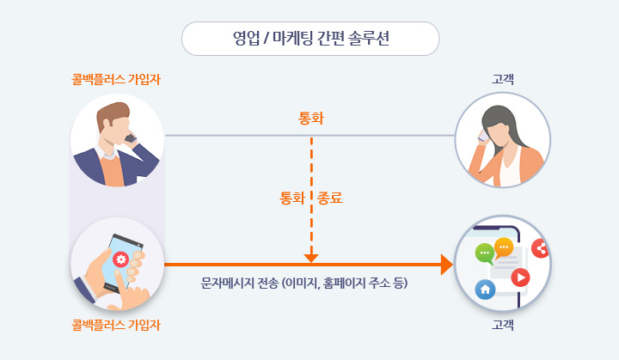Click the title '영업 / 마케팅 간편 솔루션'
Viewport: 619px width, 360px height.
[310, 39]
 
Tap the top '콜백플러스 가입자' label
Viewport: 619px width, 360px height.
[116, 79]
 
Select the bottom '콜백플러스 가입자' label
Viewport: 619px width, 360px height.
[116, 325]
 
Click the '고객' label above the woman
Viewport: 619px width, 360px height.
[503, 79]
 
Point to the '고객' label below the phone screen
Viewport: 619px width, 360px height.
[503, 325]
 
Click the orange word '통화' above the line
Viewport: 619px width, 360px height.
[311, 118]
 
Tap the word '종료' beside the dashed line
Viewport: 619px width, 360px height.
[329, 198]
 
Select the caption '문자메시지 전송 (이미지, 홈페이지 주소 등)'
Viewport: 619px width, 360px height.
[304, 283]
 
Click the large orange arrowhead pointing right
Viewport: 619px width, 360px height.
[447, 265]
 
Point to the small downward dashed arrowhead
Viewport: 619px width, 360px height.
[311, 258]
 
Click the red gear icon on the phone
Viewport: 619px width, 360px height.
[121, 259]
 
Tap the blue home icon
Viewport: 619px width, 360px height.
[485, 290]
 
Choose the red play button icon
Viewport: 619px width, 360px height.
[520, 278]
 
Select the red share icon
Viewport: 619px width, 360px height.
[541, 248]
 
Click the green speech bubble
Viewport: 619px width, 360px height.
[485, 253]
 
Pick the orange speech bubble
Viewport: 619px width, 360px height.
[503, 248]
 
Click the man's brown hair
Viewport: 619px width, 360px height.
[111, 113]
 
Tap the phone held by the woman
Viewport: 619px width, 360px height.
[483, 136]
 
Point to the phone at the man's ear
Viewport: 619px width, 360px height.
[131, 138]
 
